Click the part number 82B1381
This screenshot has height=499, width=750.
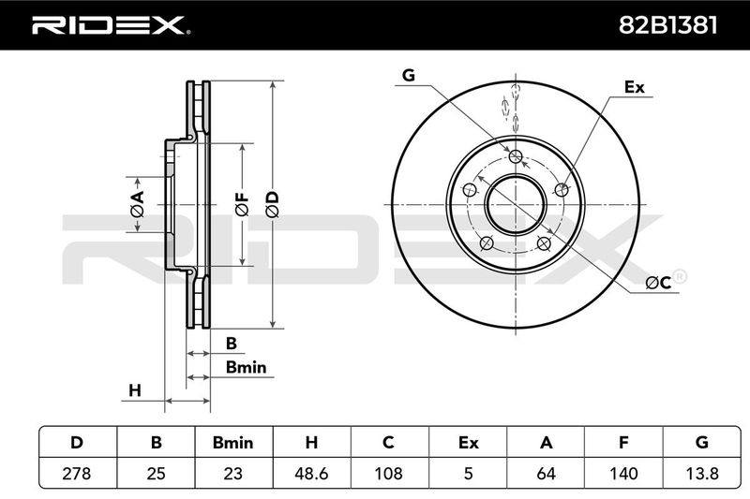pyautogui.click(x=667, y=25)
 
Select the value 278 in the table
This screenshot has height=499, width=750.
pyautogui.click(x=77, y=474)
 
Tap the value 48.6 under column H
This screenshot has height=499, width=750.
pyautogui.click(x=311, y=474)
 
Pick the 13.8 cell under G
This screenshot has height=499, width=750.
pyautogui.click(x=701, y=474)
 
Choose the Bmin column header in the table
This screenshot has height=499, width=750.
pyautogui.click(x=232, y=443)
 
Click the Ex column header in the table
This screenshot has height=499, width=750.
pyautogui.click(x=468, y=443)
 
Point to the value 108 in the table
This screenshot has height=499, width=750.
pyautogui.click(x=388, y=474)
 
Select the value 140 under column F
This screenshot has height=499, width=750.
pyautogui.click(x=623, y=474)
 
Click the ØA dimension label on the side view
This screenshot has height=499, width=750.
pyautogui.click(x=137, y=204)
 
